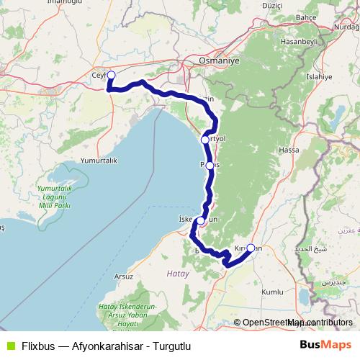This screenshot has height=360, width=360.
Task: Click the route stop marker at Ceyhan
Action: pyautogui.click(x=111, y=74)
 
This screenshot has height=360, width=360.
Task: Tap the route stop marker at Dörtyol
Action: pyautogui.click(x=205, y=140)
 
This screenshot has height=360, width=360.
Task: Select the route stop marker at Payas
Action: pyautogui.click(x=210, y=165)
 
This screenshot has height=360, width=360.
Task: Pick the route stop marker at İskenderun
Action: pyautogui.click(x=200, y=221)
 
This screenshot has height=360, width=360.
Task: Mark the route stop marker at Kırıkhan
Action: pyautogui.click(x=250, y=248)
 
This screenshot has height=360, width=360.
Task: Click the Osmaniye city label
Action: pyautogui.click(x=218, y=63)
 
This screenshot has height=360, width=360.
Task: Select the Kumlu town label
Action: pyautogui.click(x=272, y=292)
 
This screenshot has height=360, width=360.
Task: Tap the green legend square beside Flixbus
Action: pyautogui.click(x=9, y=345)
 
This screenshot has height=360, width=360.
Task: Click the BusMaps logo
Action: pyautogui.click(x=326, y=344)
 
